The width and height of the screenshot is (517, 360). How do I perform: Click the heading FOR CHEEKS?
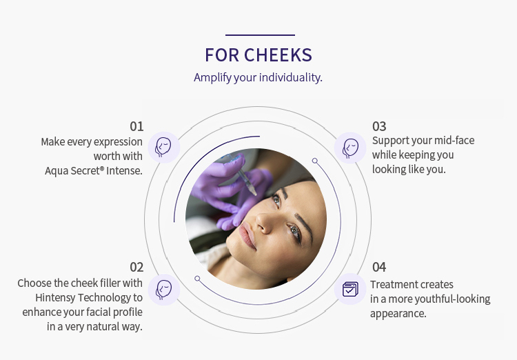(258, 55)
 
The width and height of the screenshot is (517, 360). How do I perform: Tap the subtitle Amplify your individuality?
(258, 77)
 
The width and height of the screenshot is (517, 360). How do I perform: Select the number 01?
(136, 126)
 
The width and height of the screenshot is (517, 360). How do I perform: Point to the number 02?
(136, 267)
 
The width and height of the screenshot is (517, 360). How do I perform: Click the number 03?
(379, 126)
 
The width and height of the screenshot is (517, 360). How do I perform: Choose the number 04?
(379, 267)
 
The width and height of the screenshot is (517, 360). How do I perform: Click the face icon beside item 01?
(164, 147)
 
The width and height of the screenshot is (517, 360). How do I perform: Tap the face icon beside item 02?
(164, 289)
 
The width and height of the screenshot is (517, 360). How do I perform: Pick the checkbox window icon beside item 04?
(351, 289)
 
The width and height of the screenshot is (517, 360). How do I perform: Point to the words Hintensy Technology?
(90, 297)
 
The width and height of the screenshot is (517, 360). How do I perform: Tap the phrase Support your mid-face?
(423, 141)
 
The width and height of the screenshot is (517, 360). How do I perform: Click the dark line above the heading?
(260, 35)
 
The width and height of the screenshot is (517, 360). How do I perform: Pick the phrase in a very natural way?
(94, 326)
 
